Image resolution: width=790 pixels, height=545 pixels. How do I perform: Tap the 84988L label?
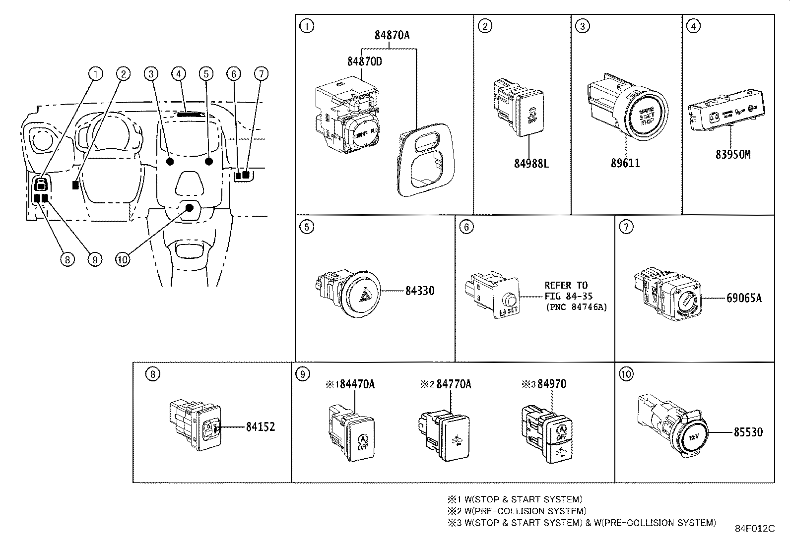click(531, 163)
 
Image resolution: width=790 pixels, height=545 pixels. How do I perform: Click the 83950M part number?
click(732, 154)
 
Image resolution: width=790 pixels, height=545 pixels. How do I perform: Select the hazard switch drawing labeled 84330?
click(353, 294)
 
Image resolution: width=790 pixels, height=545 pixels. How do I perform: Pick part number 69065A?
click(743, 299)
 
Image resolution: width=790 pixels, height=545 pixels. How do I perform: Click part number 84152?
click(260, 427)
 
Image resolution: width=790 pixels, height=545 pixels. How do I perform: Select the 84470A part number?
click(357, 384)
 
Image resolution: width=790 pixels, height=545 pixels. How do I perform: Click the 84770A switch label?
click(454, 384)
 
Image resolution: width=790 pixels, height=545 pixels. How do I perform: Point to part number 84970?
click(551, 384)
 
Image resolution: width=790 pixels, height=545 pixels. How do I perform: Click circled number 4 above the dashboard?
click(178, 74)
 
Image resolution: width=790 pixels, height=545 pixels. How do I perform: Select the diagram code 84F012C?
click(754, 529)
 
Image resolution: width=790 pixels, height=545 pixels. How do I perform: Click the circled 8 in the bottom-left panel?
click(152, 374)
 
